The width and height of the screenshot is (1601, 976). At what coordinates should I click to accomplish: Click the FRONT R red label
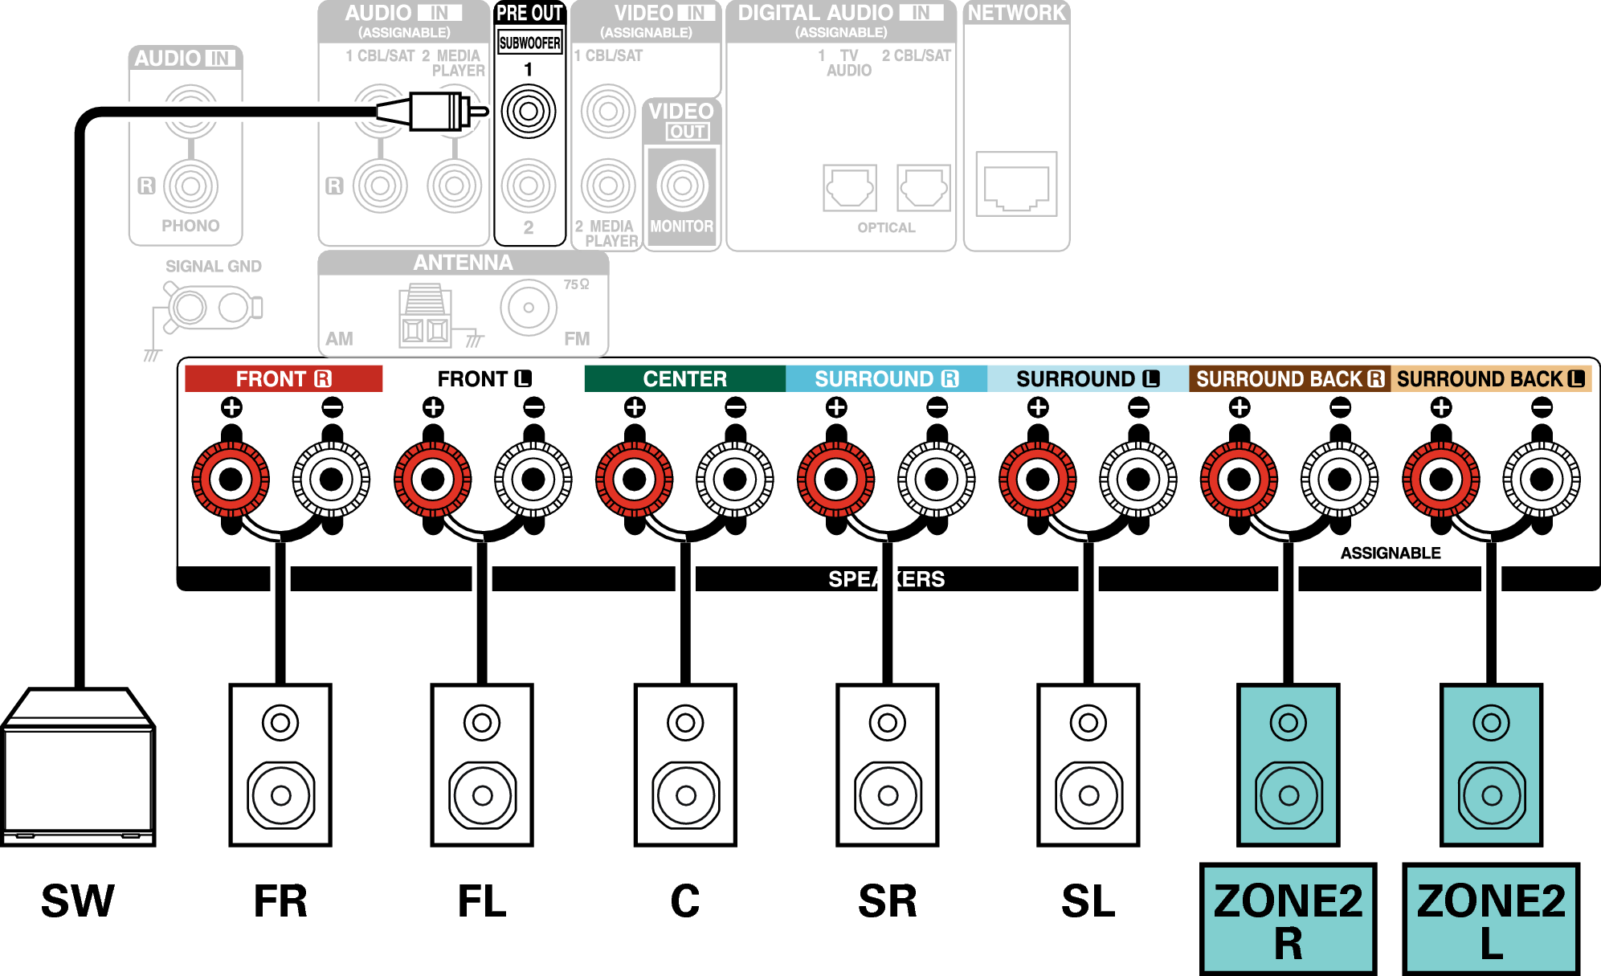283,378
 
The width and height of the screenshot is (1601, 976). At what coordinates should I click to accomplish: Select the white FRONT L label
484,378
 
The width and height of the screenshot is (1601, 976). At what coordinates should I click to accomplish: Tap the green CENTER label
684,378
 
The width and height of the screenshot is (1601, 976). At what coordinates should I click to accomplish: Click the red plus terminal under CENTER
635,480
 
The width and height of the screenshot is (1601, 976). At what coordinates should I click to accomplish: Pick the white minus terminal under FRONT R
331,480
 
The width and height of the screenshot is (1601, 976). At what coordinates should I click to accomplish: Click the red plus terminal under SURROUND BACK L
1441,480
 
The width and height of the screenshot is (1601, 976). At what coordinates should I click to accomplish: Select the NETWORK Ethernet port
1016,184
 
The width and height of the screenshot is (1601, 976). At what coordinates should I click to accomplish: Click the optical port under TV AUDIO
849,187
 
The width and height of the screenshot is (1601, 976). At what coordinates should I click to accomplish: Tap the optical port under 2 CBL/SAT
923,187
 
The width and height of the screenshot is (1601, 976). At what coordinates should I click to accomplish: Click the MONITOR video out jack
682,186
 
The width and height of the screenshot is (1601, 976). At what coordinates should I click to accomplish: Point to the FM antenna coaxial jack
529,308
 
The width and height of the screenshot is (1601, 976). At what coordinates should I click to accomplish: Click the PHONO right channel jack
190,186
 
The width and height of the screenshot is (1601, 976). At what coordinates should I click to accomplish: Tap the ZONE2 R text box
1288,920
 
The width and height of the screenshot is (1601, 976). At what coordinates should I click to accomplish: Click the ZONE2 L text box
1491,920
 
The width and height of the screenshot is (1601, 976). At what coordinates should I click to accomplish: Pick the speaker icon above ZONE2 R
1288,765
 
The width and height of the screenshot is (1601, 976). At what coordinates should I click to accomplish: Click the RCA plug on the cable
434,111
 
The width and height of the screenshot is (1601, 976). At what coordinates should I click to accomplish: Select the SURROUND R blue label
886,378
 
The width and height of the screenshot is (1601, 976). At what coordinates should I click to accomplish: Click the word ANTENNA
463,263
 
